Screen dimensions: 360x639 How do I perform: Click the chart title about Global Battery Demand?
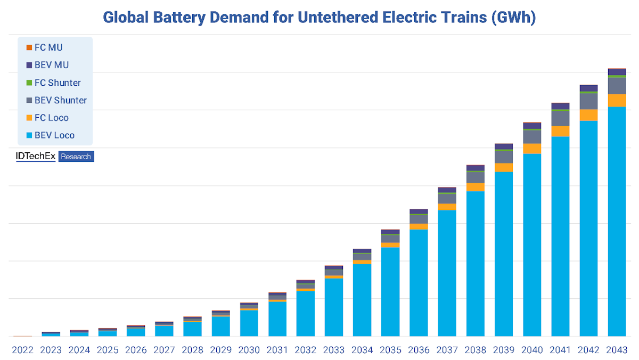(319, 17)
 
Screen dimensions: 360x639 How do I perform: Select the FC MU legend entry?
(48, 47)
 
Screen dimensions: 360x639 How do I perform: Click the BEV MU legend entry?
(51, 65)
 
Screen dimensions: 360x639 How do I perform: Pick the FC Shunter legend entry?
(57, 83)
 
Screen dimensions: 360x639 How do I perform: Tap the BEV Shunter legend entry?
(60, 100)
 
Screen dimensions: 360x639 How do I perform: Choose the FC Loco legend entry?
(51, 118)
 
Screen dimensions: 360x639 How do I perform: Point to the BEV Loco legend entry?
(54, 135)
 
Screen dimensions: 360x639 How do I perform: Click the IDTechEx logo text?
(36, 157)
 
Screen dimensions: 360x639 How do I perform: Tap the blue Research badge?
(76, 157)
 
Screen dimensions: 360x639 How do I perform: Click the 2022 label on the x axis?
(23, 350)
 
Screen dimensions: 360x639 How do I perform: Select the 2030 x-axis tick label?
(249, 350)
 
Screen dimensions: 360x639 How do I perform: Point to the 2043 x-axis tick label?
(616, 350)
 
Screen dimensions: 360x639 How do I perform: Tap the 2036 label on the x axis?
(419, 350)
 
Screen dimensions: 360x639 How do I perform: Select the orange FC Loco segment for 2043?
(617, 101)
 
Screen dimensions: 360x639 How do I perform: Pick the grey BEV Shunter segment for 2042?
(588, 101)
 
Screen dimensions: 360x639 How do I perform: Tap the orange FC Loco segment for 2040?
(532, 149)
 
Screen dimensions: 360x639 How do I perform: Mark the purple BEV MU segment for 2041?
(560, 106)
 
